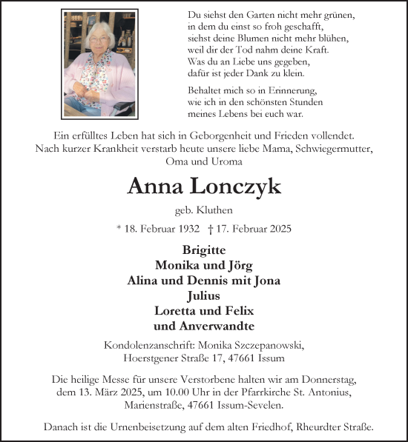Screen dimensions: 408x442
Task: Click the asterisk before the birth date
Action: coord(119,229)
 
